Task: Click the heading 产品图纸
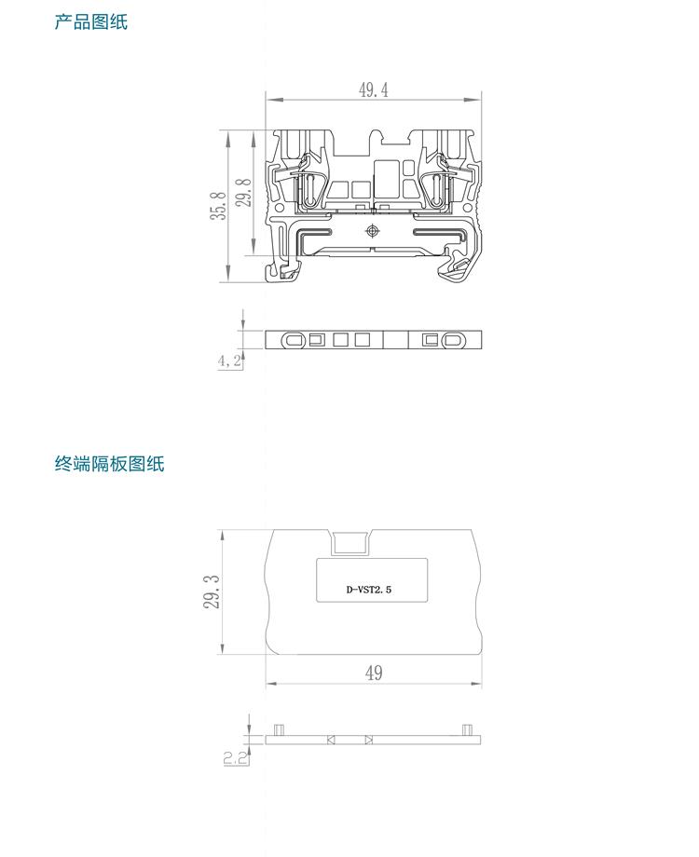[90, 21]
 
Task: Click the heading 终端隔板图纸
[109, 463]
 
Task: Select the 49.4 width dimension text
[373, 89]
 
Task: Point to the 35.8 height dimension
[218, 205]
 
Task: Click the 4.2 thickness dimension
[229, 360]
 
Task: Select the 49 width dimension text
[374, 673]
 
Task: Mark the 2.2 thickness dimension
[236, 757]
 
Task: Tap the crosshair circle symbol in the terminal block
[373, 231]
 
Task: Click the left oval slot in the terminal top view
[294, 340]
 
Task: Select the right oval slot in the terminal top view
[454, 340]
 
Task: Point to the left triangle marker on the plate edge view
[331, 740]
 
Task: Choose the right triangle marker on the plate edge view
[369, 740]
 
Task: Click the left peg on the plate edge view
[279, 729]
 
